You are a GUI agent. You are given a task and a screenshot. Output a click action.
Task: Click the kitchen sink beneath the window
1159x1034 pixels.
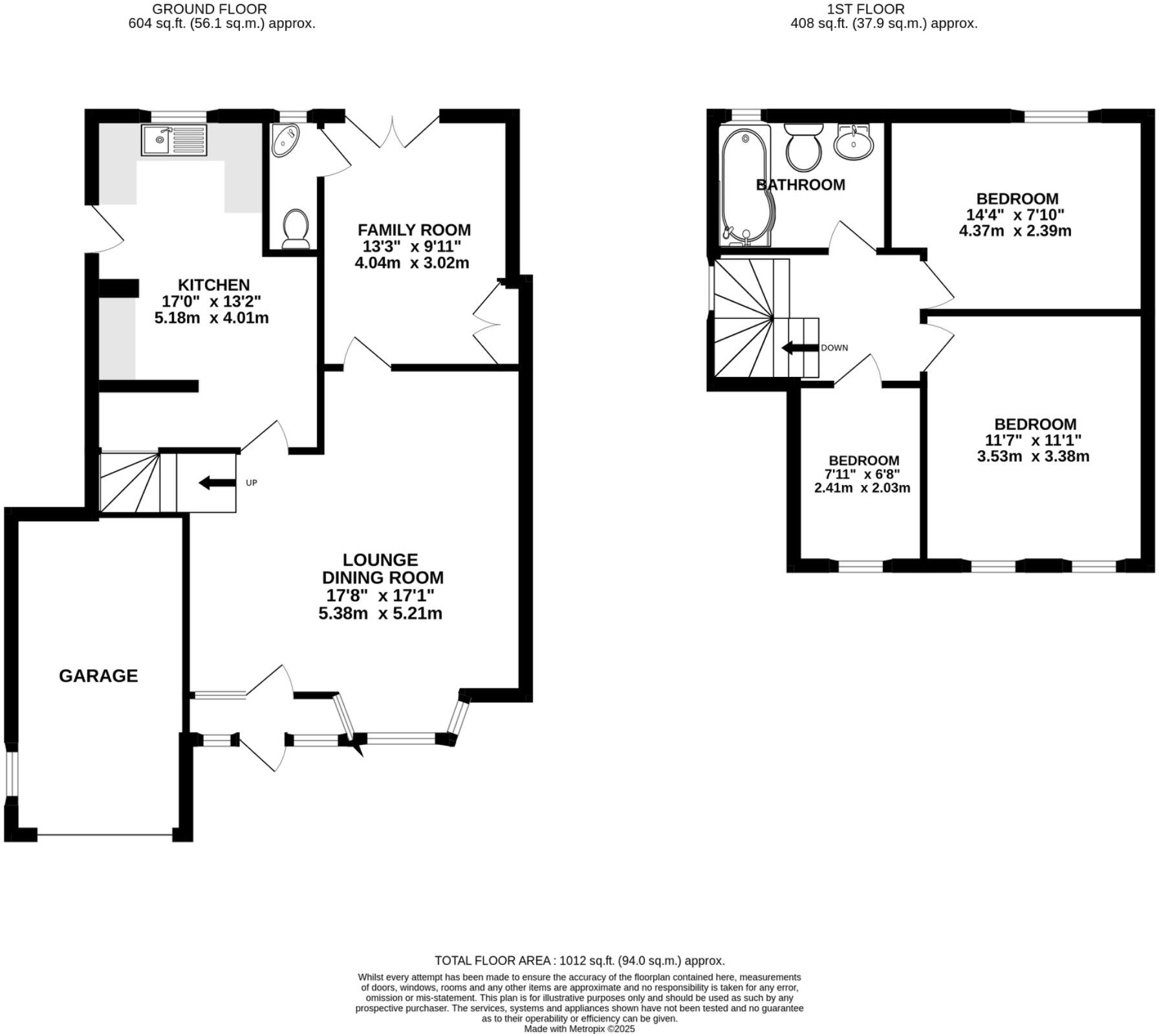pos(174,140)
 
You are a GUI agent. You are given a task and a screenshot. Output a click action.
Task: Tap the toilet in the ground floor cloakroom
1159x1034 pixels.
pos(296,228)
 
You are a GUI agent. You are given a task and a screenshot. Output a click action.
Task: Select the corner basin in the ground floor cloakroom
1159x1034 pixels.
pos(285,140)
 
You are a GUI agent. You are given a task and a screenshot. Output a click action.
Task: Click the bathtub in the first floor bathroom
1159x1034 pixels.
pos(746,187)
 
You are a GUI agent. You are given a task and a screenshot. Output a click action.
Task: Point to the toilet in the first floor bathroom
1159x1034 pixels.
pos(803,146)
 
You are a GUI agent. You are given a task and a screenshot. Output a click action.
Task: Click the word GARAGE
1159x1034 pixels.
pos(98,676)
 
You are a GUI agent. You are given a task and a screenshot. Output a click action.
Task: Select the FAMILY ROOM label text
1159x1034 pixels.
pos(414,230)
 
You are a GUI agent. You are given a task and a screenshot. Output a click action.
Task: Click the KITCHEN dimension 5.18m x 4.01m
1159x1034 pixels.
pos(211,318)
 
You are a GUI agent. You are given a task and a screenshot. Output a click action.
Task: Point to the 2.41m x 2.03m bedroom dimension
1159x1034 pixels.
pos(861,488)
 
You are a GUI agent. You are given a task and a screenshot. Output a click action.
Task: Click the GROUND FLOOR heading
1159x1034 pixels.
pos(209,9)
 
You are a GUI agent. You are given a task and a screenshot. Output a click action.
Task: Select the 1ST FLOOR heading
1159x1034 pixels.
pos(865,9)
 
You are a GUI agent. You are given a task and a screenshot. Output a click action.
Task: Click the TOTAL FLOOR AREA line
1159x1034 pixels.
pos(579,960)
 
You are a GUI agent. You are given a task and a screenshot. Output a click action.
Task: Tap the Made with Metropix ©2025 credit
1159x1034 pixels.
pos(579,1028)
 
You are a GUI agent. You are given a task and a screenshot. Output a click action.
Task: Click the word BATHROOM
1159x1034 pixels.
pos(800,185)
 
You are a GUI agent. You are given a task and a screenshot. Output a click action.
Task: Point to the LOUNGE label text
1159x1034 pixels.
pos(380,559)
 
